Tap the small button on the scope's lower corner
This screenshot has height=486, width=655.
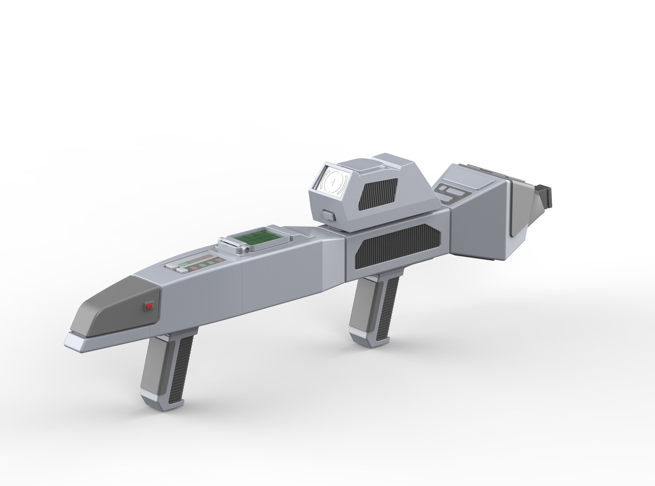(329, 215)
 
